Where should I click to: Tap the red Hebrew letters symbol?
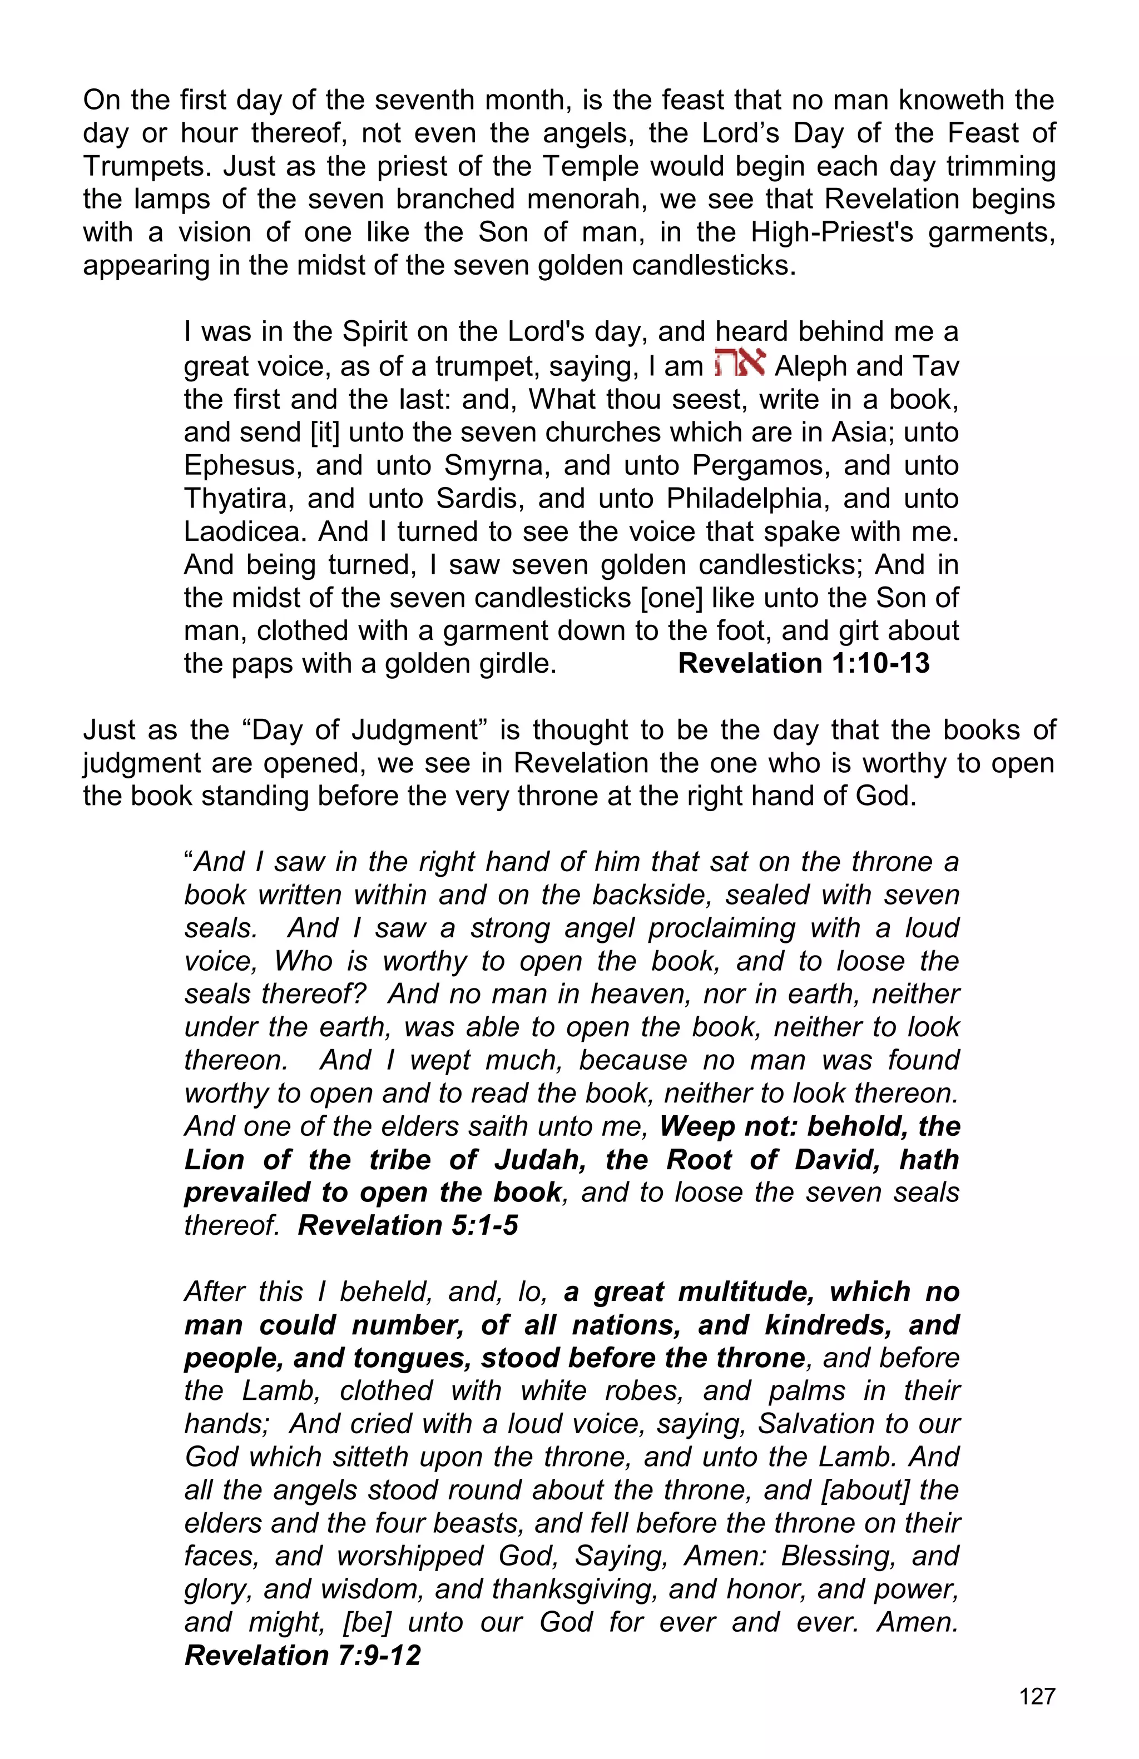pos(739,364)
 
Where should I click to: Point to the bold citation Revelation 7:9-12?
pos(303,1655)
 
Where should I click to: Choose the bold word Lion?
pos(214,1159)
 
